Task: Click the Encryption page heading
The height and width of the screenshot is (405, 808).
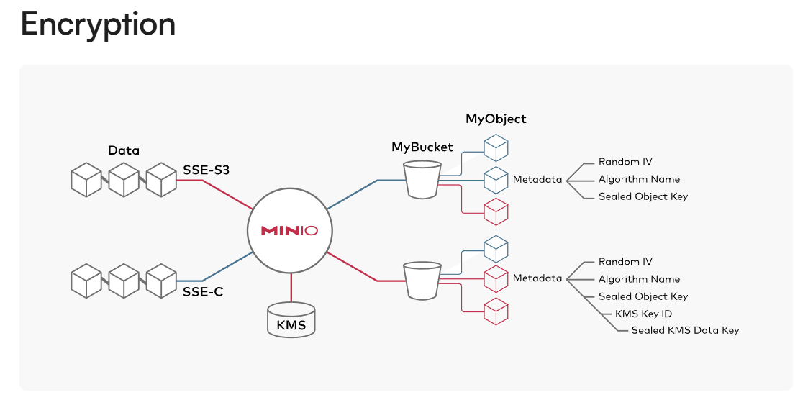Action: click(98, 24)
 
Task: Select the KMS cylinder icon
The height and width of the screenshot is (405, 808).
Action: click(291, 319)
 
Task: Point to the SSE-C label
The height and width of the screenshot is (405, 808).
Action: click(203, 292)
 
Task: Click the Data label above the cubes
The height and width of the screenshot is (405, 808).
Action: click(124, 150)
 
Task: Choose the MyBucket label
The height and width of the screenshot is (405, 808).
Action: click(422, 147)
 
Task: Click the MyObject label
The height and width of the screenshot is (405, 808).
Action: click(496, 119)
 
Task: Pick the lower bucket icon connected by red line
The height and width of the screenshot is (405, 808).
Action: click(422, 280)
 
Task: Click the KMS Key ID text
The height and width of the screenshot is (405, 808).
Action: click(643, 314)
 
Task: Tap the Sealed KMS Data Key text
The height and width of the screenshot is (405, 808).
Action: click(685, 330)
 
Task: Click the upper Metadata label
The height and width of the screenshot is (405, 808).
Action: click(537, 179)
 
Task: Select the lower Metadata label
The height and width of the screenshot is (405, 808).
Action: click(537, 278)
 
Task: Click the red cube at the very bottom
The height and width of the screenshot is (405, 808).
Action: click(496, 311)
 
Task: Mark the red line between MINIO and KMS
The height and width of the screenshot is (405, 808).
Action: click(291, 287)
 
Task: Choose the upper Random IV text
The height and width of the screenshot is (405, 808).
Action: click(625, 162)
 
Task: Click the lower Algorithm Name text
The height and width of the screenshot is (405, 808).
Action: click(639, 279)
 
